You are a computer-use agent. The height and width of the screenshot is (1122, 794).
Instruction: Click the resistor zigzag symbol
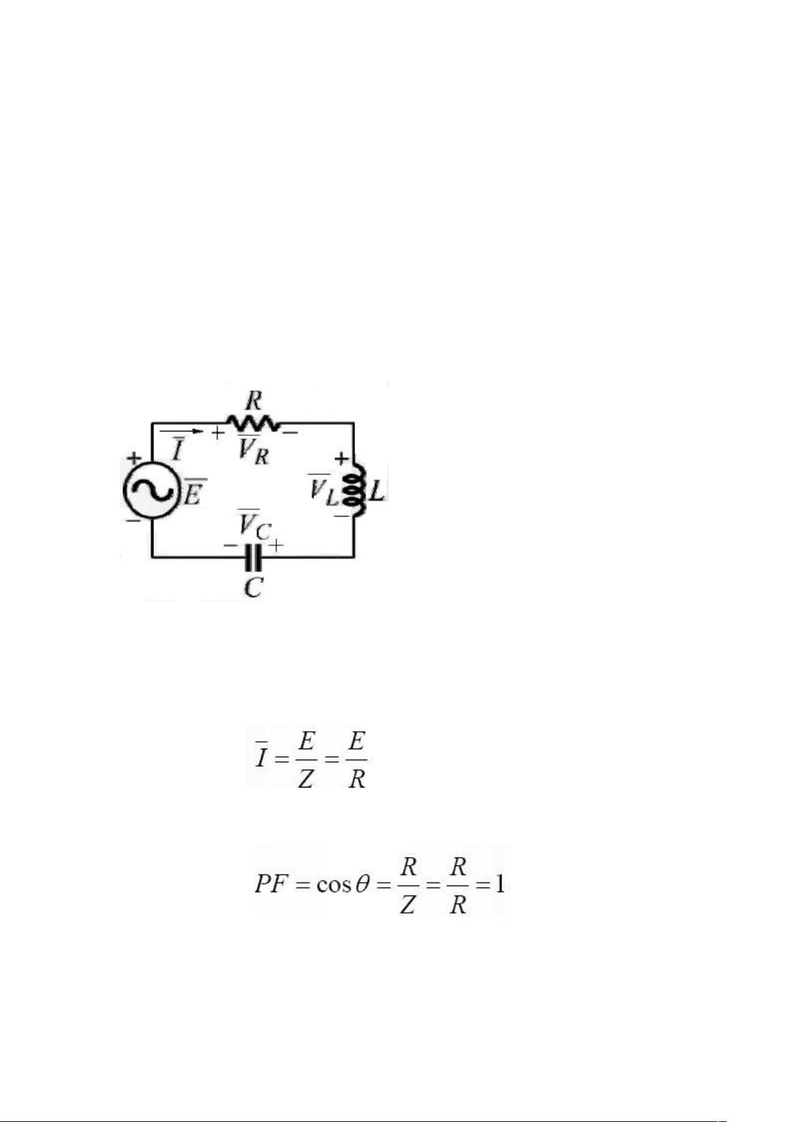click(x=253, y=423)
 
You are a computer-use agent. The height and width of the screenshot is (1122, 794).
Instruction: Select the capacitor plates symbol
click(x=253, y=557)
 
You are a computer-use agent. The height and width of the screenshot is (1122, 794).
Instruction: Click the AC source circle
click(x=149, y=490)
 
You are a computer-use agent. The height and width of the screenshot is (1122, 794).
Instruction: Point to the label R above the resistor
click(x=254, y=401)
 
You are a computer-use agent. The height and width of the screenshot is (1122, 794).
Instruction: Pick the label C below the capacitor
click(x=254, y=587)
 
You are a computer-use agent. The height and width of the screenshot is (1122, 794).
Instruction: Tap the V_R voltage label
click(x=254, y=449)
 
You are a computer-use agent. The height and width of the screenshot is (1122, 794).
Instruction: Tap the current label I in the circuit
click(x=177, y=449)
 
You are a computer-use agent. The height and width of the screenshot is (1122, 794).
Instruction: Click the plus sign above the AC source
click(x=133, y=457)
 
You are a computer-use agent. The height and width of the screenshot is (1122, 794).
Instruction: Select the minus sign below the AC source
click(x=133, y=521)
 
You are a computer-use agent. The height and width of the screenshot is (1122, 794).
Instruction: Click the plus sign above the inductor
click(x=341, y=457)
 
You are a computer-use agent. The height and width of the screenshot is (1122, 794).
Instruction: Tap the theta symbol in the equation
click(x=361, y=884)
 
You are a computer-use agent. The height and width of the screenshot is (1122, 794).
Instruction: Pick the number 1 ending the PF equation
click(x=499, y=884)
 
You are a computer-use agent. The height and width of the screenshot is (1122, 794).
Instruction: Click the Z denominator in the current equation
click(x=306, y=779)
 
